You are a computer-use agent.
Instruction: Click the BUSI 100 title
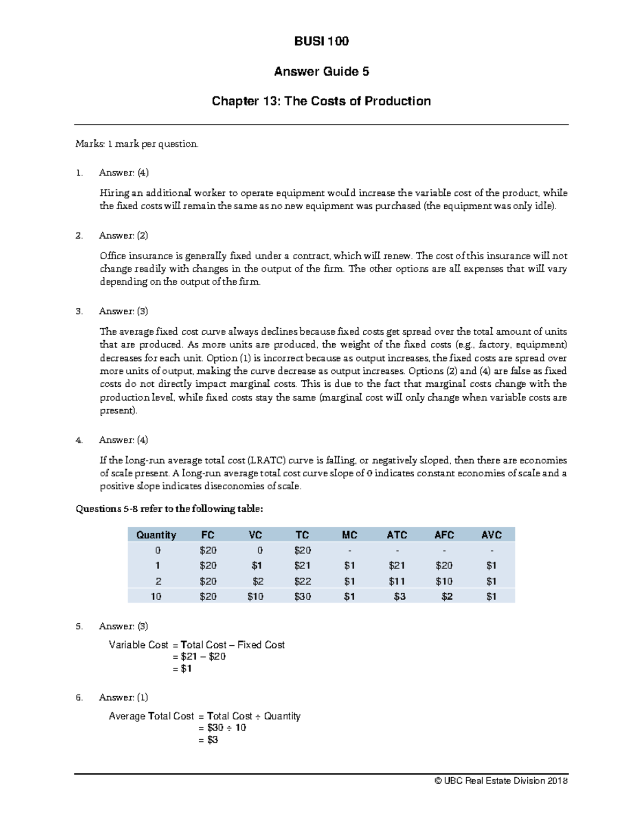pyautogui.click(x=322, y=41)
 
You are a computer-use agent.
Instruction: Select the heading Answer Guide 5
pyautogui.click(x=322, y=71)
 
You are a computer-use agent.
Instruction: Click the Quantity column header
pyautogui.click(x=156, y=535)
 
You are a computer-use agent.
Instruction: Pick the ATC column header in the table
pyautogui.click(x=397, y=535)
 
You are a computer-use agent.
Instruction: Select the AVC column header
pyautogui.click(x=491, y=535)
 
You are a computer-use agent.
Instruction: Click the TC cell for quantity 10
pyautogui.click(x=303, y=596)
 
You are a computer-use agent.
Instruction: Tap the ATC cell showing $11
pyautogui.click(x=397, y=581)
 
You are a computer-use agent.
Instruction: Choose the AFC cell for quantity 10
pyautogui.click(x=447, y=596)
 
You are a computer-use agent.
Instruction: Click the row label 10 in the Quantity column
pyautogui.click(x=156, y=596)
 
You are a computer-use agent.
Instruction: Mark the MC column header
pyautogui.click(x=349, y=535)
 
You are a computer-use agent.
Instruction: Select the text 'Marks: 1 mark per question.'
pyautogui.click(x=137, y=144)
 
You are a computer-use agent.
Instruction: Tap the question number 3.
pyautogui.click(x=79, y=311)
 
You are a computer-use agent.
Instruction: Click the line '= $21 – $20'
pyautogui.click(x=199, y=657)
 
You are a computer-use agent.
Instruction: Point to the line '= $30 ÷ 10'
pyautogui.click(x=222, y=728)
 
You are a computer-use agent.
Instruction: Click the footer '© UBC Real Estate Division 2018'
pyautogui.click(x=501, y=780)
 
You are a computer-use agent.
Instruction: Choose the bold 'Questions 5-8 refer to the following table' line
pyautogui.click(x=169, y=509)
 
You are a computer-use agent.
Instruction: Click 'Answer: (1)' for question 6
pyautogui.click(x=124, y=697)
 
